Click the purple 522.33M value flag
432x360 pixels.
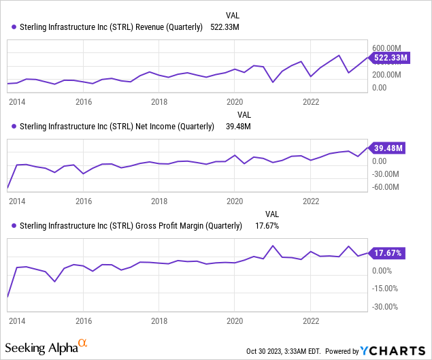[390, 58]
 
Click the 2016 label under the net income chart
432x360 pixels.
[84, 201]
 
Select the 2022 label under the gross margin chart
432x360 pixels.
[311, 320]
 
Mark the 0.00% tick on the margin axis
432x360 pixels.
[383, 270]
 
